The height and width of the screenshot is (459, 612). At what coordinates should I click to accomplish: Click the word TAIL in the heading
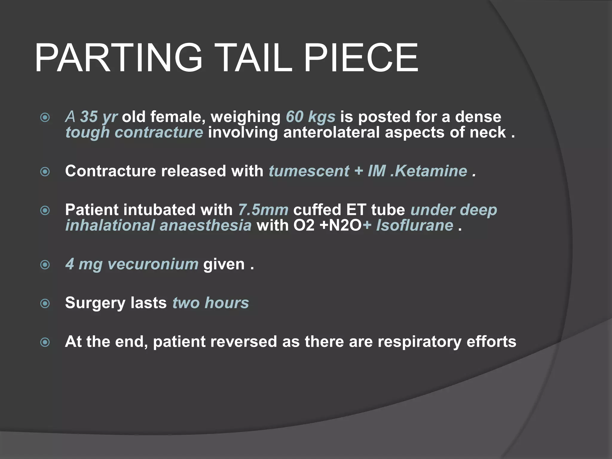coord(256,58)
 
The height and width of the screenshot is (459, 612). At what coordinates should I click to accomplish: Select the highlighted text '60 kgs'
coord(310,117)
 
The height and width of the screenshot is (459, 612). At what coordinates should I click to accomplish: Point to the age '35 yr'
coord(99,117)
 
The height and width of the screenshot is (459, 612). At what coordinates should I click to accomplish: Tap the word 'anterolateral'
coord(331,132)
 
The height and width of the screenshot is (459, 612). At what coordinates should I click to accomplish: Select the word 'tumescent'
coord(309,171)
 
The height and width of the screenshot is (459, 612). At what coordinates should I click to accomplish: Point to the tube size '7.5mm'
coord(263,210)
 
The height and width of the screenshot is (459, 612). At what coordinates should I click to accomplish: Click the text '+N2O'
coord(341,225)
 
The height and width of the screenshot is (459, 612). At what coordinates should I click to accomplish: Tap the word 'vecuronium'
coord(153,264)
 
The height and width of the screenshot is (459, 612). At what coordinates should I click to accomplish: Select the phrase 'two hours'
coord(211,303)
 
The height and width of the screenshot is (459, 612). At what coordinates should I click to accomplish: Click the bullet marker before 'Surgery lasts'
coord(45,304)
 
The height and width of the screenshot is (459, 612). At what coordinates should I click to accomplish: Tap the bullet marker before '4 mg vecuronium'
coord(45,265)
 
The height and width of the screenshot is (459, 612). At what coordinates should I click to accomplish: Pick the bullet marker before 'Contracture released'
coord(45,172)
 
